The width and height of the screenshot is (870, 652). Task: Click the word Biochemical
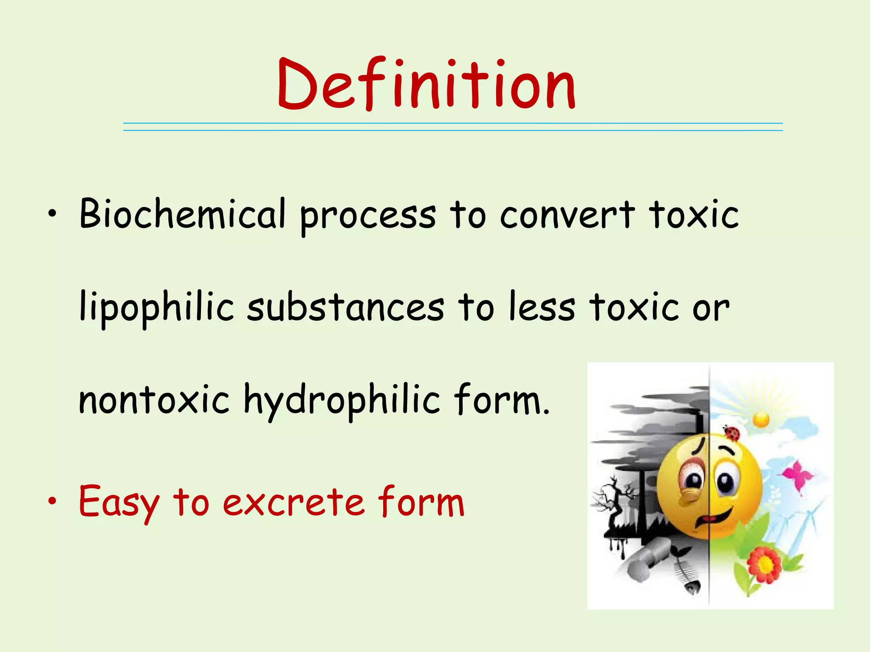pyautogui.click(x=182, y=214)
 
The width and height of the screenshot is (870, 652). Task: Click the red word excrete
pyautogui.click(x=294, y=503)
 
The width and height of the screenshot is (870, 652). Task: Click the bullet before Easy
pyautogui.click(x=52, y=502)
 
